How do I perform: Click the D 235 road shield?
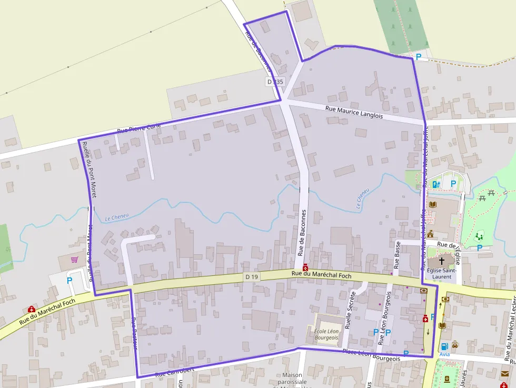(275, 82)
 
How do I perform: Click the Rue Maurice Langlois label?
(354, 112)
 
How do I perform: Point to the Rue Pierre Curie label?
(138, 127)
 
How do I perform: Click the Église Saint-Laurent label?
(441, 273)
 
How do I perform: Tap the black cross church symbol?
(441, 261)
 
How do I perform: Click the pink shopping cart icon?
(74, 260)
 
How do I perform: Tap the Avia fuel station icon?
(445, 346)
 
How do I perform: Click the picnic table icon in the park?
(491, 193)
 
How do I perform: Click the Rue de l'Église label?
(449, 245)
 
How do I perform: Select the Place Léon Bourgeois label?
(371, 355)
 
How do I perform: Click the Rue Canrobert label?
(175, 372)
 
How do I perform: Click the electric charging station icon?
(435, 184)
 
